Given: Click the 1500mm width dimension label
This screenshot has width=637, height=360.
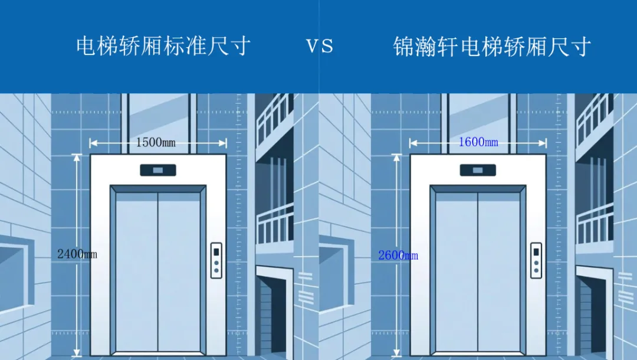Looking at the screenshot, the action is point(156,142).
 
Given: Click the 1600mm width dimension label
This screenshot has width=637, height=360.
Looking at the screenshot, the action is point(478,142).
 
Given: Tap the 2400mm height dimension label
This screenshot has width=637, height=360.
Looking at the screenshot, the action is point(77,254).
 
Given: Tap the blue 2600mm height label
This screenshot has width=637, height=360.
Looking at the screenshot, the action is point(398,255).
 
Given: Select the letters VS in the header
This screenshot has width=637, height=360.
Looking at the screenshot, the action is point(320,47).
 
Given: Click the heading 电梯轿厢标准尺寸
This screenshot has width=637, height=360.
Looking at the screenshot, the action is point(163,46).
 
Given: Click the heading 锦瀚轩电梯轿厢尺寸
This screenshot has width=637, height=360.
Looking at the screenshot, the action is point(492,47).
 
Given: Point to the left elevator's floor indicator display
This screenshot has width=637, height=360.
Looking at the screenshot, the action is point(158,170).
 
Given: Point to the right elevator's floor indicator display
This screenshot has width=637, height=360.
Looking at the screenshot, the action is point(478,170).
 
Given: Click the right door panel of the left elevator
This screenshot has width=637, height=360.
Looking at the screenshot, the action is point(179,271).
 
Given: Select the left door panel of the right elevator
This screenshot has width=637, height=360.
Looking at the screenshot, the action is point(456,271).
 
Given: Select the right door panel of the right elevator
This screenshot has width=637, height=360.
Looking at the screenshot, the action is point(499,271).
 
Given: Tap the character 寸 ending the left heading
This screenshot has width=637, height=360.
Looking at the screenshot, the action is point(239,46).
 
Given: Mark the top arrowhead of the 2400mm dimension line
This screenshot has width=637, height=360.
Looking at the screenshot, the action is point(76,157).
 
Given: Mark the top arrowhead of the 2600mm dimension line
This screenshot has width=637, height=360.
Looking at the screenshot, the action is point(396,157).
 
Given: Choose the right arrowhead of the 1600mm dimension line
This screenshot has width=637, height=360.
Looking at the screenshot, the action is point(543,142).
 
